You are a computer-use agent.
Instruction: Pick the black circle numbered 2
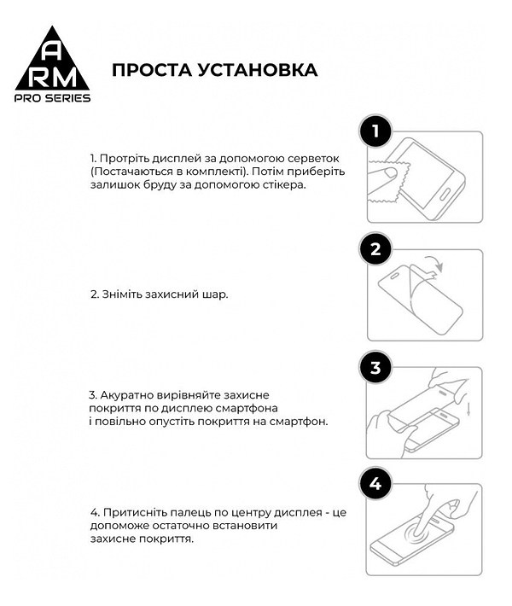click(x=375, y=250)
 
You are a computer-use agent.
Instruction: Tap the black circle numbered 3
click(x=375, y=368)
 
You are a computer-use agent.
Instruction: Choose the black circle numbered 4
click(x=375, y=485)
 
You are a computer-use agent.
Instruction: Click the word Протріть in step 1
click(x=124, y=159)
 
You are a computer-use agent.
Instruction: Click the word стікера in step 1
click(x=280, y=184)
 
